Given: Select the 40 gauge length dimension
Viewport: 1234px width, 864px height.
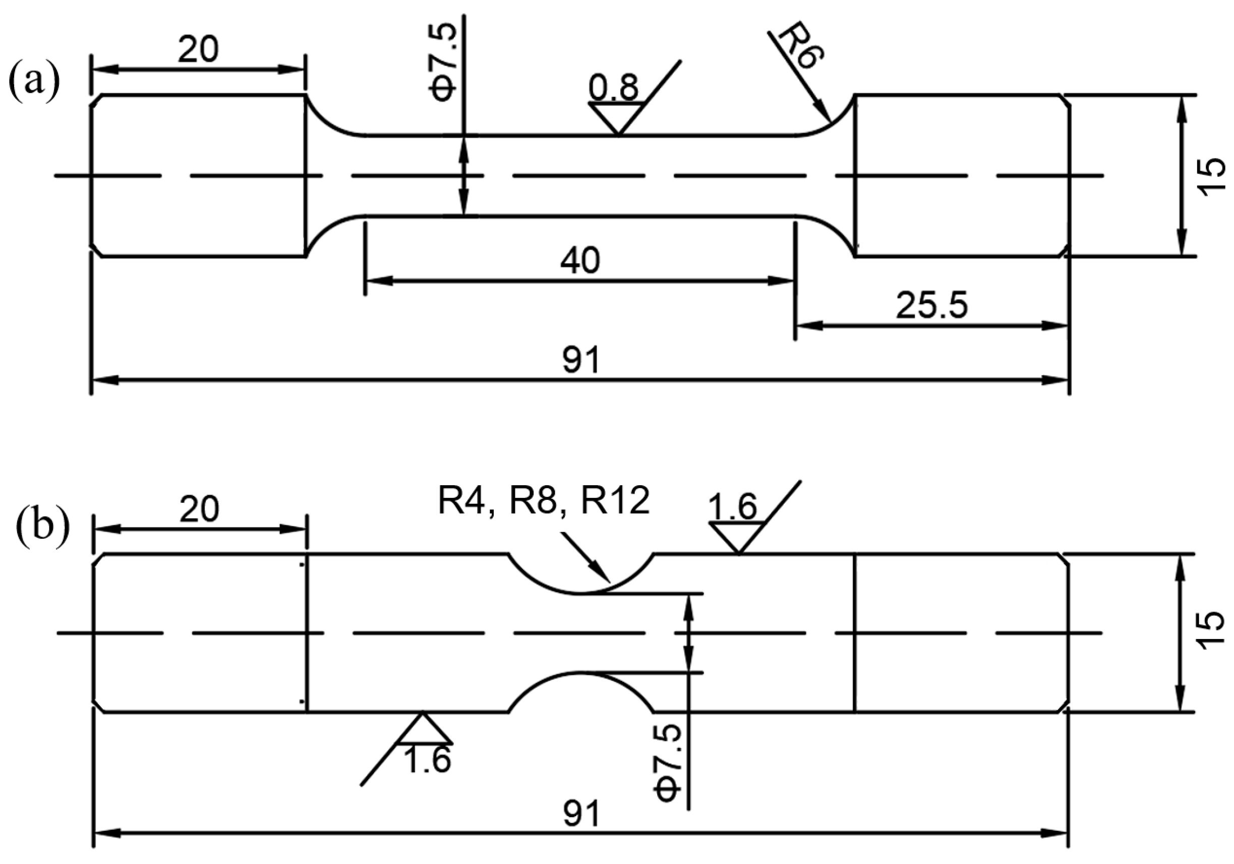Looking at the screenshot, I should point(580,261).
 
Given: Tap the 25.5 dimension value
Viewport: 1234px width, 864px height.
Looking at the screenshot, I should point(931,305).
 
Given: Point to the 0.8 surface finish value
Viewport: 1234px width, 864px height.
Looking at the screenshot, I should point(613,87).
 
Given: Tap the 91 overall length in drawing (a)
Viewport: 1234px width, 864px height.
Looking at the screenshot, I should point(580,360).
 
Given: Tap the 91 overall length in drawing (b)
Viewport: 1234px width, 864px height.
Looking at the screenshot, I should point(581,815).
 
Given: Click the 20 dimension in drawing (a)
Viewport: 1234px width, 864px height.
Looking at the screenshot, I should point(198,49).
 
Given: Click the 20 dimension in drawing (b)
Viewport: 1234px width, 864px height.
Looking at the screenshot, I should point(199,508).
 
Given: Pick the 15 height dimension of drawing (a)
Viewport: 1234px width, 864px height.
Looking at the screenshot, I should point(1212,176).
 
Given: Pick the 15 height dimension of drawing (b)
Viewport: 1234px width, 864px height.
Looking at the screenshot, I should point(1211,632).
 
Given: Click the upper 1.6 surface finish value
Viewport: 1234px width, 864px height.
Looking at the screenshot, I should point(733,506).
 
